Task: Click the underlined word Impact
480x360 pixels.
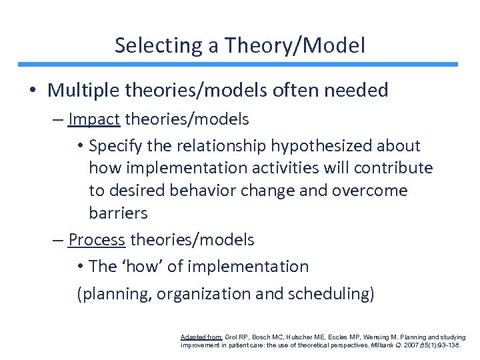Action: [x=94, y=119]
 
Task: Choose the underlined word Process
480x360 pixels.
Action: [x=97, y=239]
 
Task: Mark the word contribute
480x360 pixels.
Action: [x=396, y=168]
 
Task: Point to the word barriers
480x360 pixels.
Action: [x=118, y=213]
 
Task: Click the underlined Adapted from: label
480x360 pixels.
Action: [x=202, y=338]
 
